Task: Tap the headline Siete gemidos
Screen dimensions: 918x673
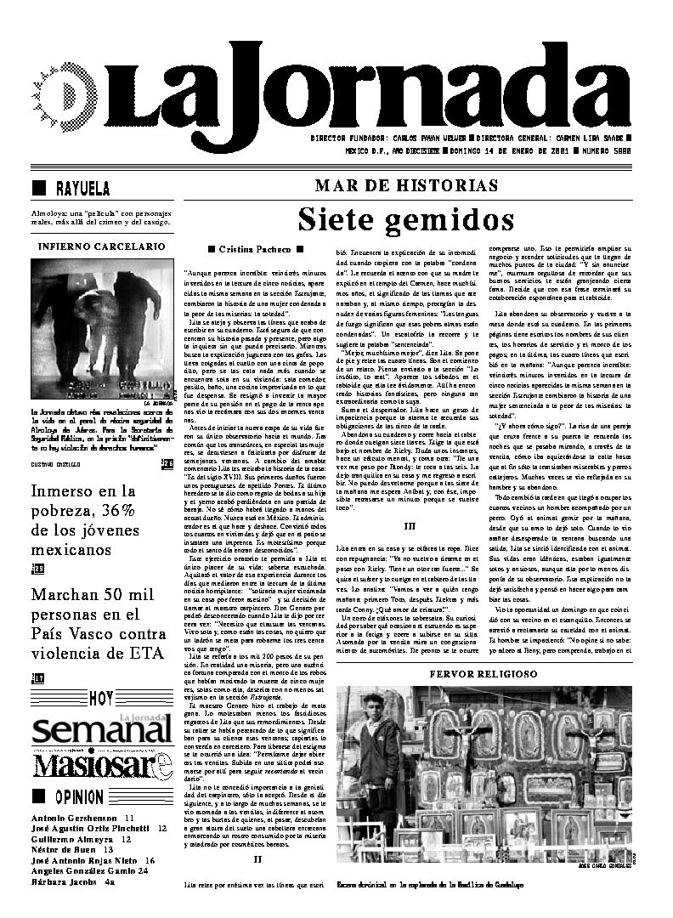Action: (405, 219)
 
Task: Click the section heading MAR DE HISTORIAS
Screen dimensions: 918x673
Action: (406, 185)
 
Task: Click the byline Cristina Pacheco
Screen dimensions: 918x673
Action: (255, 249)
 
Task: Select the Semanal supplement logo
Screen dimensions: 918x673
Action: (99, 730)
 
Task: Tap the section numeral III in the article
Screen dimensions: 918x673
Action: (409, 526)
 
